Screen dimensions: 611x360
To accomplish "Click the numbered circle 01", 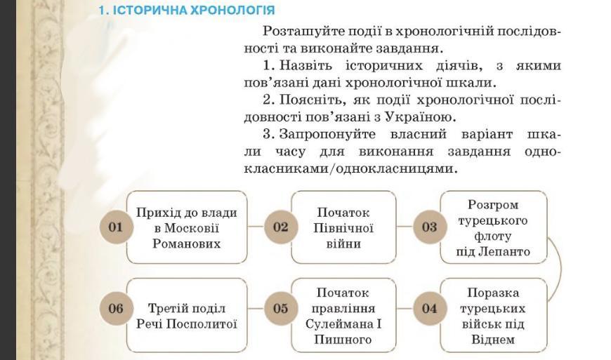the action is (x=116, y=227).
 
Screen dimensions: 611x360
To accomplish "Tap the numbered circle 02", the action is (x=281, y=227).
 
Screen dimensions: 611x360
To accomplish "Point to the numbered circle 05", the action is (x=281, y=308).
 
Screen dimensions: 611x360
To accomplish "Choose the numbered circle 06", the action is (x=116, y=308).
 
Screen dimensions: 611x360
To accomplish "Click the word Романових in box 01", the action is (x=186, y=244).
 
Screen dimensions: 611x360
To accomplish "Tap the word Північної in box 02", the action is (x=343, y=228).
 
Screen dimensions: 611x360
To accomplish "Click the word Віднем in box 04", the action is (x=493, y=340).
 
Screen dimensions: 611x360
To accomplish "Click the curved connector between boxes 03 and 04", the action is (x=559, y=267).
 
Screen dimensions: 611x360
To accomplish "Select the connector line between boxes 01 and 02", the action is (x=256, y=227).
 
